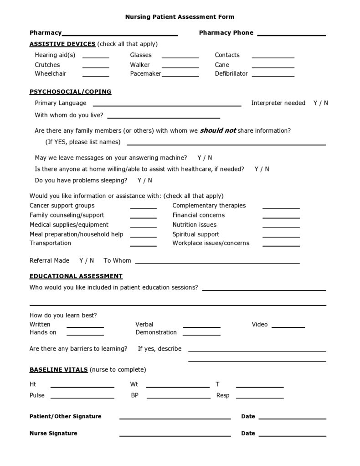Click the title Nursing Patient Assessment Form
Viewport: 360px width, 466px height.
tap(180, 17)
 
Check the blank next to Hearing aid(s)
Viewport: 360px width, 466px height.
tap(96, 56)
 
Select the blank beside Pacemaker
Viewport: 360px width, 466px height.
tap(180, 74)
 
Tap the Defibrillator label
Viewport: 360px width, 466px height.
tap(231, 73)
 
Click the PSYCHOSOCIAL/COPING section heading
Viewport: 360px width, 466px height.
tap(70, 92)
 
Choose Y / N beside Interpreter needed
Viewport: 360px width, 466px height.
tap(320, 103)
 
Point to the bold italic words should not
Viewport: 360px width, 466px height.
tap(218, 130)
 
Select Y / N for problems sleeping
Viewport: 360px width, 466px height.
tap(144, 180)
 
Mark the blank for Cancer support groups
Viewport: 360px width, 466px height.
tap(143, 207)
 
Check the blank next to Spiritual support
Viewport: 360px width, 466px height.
tap(281, 235)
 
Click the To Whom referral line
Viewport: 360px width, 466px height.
tap(217, 262)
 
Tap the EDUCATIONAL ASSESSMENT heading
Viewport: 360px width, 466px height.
tap(76, 276)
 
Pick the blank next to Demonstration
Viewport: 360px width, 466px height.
tap(201, 333)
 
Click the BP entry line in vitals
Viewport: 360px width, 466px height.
tap(178, 397)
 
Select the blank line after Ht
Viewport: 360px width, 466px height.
tap(82, 385)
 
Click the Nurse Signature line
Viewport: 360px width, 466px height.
tap(175, 435)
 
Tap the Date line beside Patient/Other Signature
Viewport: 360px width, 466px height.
tap(292, 417)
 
